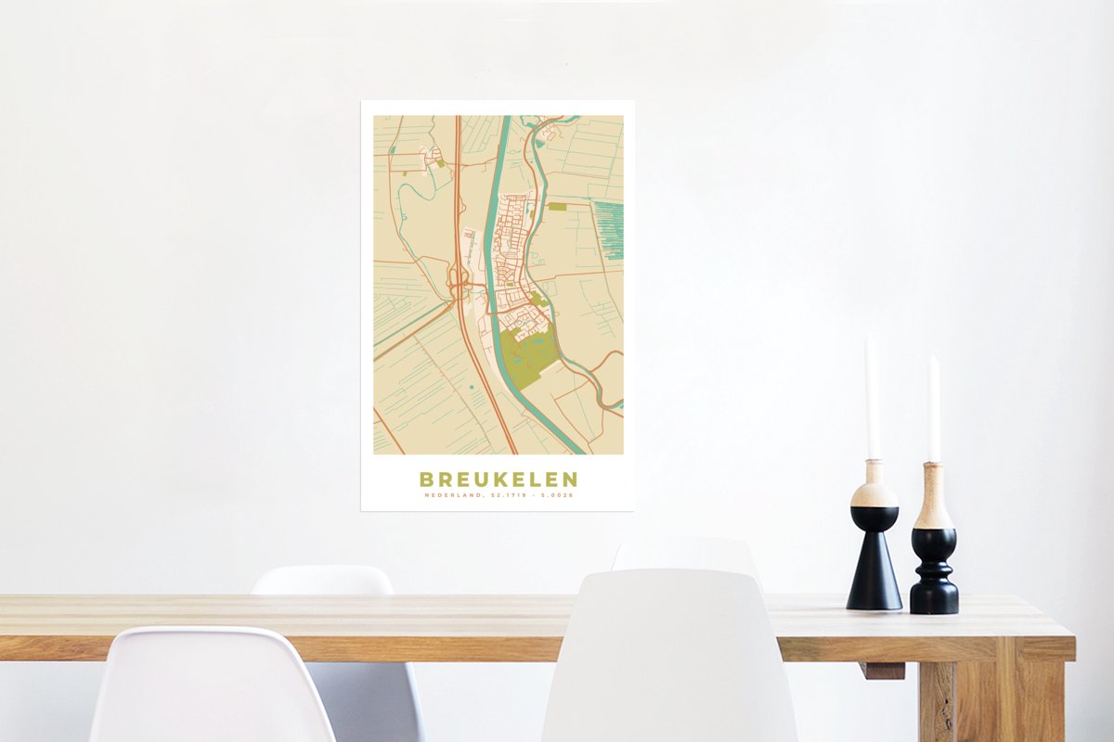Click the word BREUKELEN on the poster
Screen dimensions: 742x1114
tap(498, 480)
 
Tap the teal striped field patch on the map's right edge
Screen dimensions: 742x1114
tap(609, 228)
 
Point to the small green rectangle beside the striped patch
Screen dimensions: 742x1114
tap(557, 207)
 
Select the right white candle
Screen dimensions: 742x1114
tap(933, 408)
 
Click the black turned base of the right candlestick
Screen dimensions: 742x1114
tap(933, 575)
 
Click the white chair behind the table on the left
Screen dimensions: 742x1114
tap(320, 580)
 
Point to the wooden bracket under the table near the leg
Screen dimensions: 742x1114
tap(882, 670)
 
